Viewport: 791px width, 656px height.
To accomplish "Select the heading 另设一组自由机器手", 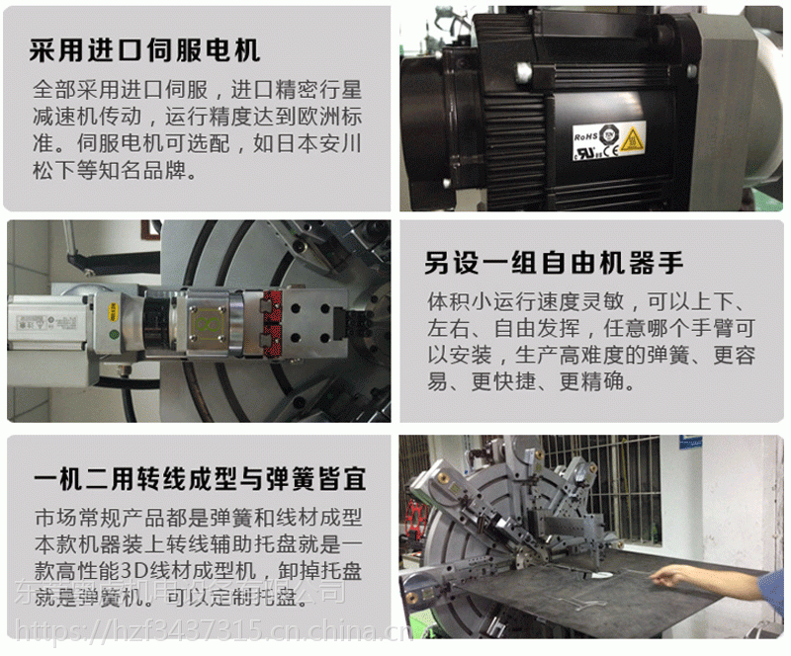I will [554, 263].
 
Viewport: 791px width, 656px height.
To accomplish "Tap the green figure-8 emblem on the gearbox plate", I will [207, 323].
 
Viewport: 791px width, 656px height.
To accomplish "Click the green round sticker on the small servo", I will [115, 335].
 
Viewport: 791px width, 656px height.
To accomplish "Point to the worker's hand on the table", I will [673, 577].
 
